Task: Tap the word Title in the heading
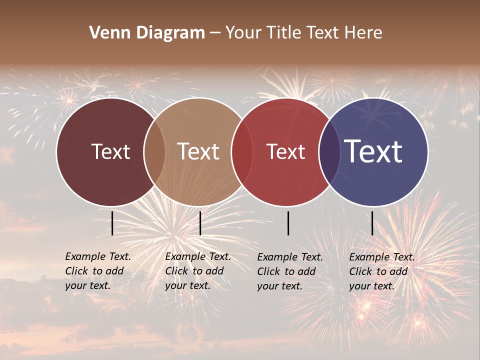285,33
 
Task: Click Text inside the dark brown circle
110,151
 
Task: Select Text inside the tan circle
198,151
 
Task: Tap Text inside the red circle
285,151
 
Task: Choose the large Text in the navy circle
373,151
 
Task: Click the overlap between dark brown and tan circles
154,151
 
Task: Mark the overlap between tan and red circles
242,151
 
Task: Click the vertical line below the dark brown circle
112,223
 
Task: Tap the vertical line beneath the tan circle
200,223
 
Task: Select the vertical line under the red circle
288,223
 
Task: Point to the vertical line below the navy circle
372,223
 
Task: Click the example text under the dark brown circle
98,271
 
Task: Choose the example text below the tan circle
198,271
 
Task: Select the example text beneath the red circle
290,271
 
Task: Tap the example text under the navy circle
382,271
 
